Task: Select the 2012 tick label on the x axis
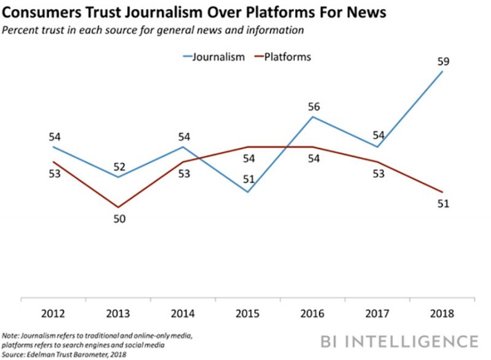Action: tap(53, 314)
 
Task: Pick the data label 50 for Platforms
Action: tap(120, 218)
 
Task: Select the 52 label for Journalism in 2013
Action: tap(120, 166)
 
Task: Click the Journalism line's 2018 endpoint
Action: tap(442, 71)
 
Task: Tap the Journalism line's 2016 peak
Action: tap(313, 117)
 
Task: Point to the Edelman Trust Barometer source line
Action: tap(64, 354)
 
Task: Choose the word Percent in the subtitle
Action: tap(21, 29)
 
